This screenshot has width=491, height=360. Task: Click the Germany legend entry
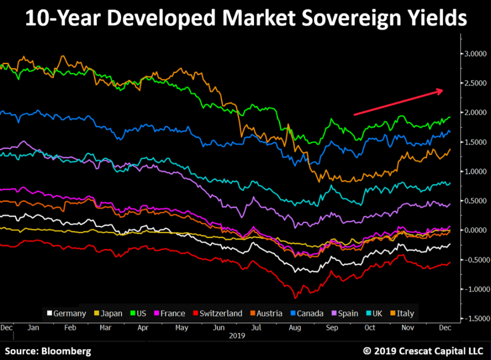point(66,313)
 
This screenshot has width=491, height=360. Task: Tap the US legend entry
point(140,313)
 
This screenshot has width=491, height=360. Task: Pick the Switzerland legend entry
point(216,313)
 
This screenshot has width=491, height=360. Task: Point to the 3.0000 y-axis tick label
point(475,53)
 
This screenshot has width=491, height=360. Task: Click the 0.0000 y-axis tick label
point(475,230)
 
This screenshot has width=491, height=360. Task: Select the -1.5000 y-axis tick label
point(474,319)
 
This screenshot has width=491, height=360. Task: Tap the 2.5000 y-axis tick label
point(475,83)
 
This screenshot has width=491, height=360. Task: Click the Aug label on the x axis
point(295,327)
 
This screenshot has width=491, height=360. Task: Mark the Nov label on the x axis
point(408,327)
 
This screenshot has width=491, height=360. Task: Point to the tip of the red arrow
point(444,90)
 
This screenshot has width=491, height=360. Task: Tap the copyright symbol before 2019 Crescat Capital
point(367,351)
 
